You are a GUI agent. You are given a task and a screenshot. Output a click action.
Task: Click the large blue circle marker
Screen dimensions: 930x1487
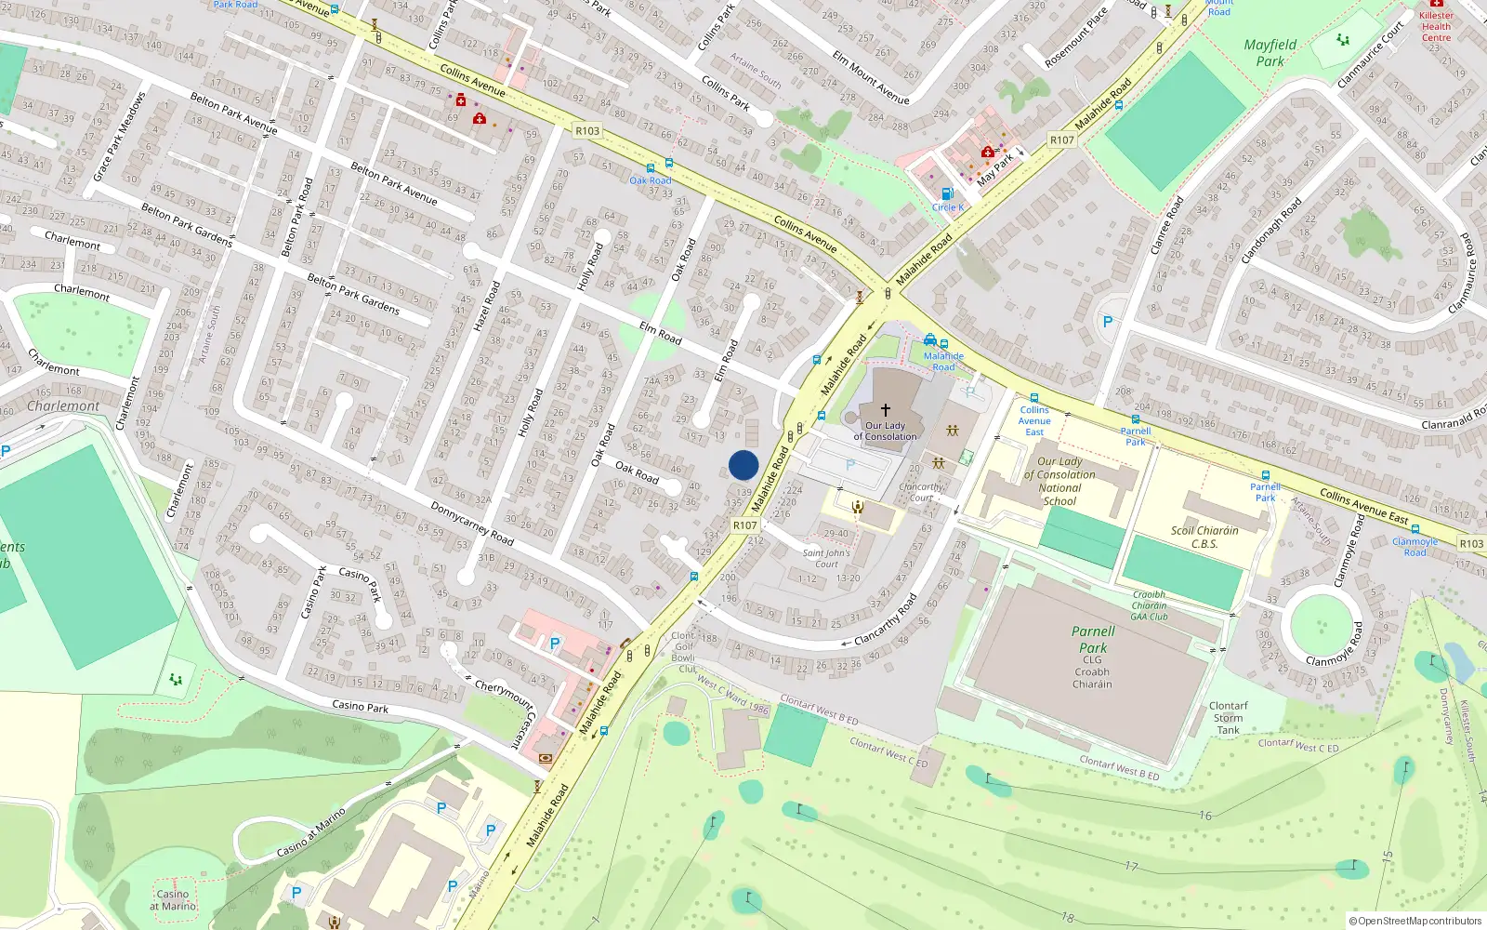(743, 465)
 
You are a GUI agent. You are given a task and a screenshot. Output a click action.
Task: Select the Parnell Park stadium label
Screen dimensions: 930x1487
(1092, 640)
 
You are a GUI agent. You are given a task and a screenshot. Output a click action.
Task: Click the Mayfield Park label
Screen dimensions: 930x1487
(1270, 53)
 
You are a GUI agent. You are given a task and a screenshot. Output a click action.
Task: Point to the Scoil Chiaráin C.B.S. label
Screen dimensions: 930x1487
(1204, 537)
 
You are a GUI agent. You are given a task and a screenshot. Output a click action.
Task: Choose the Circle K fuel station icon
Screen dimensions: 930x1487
(947, 194)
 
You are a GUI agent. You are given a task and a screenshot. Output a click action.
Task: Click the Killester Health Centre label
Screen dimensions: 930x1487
(1436, 26)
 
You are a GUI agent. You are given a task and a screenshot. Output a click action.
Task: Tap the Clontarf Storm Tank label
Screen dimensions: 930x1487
(1228, 718)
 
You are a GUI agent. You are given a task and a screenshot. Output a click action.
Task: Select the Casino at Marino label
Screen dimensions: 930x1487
(173, 899)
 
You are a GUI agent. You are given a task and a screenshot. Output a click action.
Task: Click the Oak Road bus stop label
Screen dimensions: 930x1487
(650, 180)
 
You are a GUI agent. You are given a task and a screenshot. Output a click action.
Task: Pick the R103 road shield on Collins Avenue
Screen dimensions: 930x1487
(587, 131)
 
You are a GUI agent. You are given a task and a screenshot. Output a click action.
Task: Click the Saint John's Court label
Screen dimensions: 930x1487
(826, 558)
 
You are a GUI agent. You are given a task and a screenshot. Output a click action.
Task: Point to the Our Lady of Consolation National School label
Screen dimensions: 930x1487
(1059, 481)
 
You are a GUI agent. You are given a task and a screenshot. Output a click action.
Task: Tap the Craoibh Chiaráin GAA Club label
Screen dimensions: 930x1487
(1149, 605)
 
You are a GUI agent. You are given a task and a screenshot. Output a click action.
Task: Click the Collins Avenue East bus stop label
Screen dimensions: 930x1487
(1034, 420)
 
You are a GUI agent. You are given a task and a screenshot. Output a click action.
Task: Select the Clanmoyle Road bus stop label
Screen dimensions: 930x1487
(1415, 547)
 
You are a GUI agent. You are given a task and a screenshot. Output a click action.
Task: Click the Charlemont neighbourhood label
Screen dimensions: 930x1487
(63, 406)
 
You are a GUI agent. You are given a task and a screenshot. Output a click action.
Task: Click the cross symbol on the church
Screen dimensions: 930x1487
(885, 409)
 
